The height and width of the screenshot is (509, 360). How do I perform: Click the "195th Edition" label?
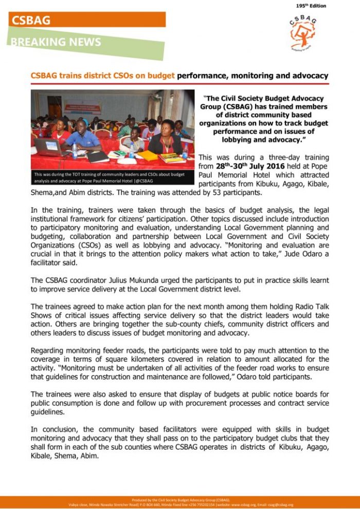click(x=311, y=6)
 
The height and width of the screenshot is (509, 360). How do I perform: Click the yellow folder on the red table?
click(x=148, y=155)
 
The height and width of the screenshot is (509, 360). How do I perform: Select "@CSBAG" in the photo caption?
click(x=143, y=181)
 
